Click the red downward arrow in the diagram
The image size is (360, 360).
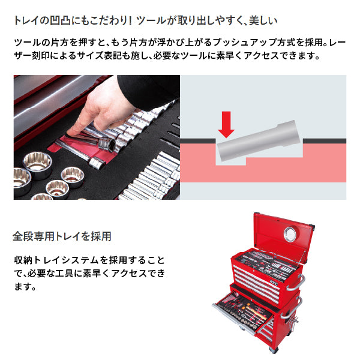[x=227, y=123]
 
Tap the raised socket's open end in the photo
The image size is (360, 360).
[x=109, y=145]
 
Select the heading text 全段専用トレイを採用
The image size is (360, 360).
[x=62, y=236]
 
